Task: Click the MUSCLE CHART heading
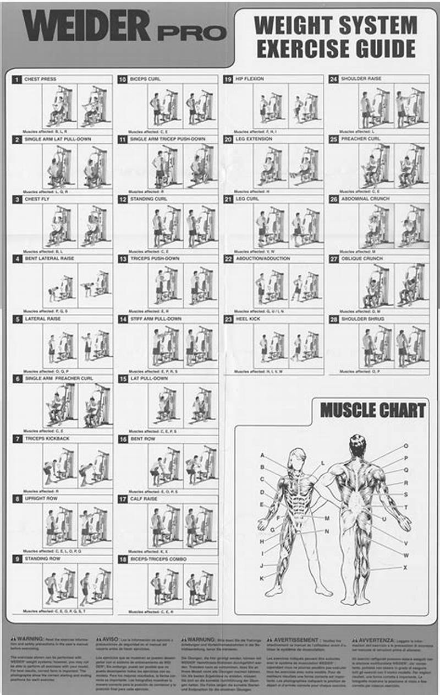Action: [373, 410]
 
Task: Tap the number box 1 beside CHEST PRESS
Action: [16, 79]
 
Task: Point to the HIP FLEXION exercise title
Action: [250, 79]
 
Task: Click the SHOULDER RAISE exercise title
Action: [361, 79]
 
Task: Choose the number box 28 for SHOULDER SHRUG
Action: [333, 319]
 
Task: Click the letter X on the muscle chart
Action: [405, 567]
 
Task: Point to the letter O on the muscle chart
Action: [406, 446]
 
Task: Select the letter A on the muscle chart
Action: [262, 455]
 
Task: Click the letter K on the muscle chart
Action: [262, 578]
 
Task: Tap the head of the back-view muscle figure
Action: [358, 444]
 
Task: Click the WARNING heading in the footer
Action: [31, 640]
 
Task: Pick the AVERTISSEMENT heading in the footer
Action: [291, 640]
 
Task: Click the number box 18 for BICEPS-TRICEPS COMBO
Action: [122, 559]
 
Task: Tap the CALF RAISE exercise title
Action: [144, 499]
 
